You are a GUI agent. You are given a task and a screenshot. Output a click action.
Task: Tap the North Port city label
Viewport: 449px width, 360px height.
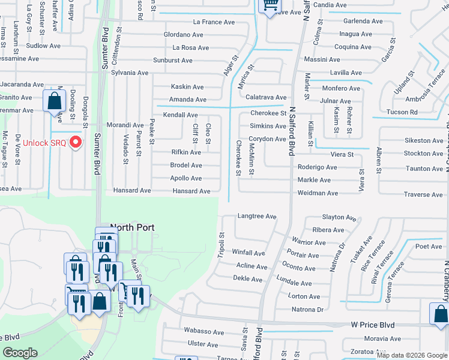click(x=132, y=228)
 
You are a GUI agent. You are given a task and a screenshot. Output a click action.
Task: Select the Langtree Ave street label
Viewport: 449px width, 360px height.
click(x=256, y=217)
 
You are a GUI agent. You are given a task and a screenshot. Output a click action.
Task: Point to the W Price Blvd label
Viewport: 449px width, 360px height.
click(x=373, y=325)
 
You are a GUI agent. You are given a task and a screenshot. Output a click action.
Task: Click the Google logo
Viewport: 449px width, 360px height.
click(x=20, y=353)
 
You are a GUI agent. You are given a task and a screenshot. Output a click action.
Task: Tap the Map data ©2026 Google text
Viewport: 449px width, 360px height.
click(x=412, y=355)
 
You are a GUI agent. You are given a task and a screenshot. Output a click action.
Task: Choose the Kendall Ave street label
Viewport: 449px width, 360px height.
click(x=180, y=115)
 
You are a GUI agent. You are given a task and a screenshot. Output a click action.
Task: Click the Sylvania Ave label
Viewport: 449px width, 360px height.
click(x=125, y=73)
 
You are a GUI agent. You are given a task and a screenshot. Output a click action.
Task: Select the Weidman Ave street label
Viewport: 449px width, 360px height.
click(x=318, y=193)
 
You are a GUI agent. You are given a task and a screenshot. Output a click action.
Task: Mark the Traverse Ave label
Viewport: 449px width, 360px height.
click(x=423, y=195)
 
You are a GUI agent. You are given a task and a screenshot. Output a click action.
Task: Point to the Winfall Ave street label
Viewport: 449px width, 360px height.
click(x=248, y=253)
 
